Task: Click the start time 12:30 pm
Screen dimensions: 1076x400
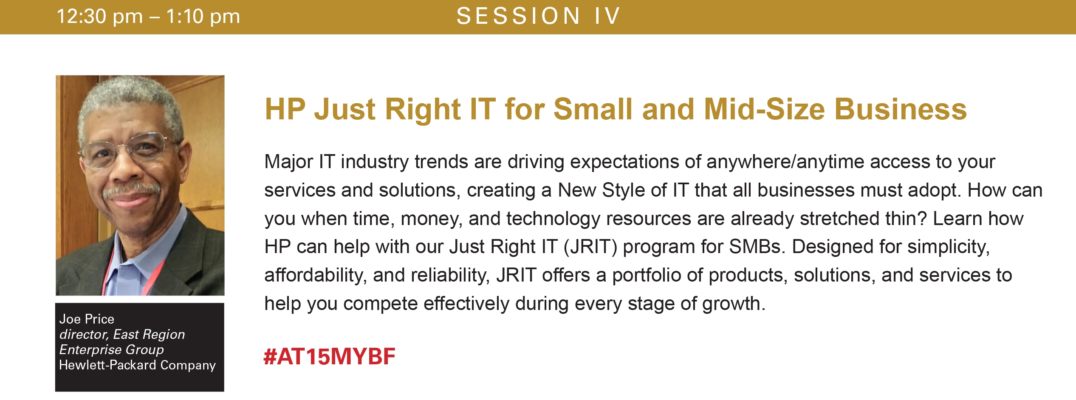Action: pos(100,17)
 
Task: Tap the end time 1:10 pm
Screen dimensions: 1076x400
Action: pos(203,17)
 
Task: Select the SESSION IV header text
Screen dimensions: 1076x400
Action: pos(538,16)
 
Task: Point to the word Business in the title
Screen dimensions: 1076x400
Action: pos(901,109)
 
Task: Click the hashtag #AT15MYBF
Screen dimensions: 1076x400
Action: pos(329,356)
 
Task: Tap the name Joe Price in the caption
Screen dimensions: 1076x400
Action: pos(87,319)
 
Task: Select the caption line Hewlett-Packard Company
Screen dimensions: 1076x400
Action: pos(137,365)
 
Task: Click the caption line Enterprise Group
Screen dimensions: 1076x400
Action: pos(111,349)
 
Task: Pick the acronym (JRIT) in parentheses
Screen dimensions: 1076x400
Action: pos(590,247)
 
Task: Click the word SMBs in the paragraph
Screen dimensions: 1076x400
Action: pos(757,247)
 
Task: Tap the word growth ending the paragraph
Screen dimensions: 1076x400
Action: pos(733,304)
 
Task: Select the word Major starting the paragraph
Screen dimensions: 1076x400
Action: pos(288,162)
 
